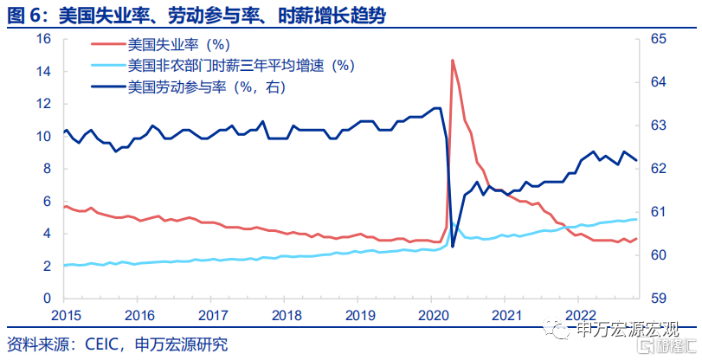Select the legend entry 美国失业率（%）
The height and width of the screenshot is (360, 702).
coord(177,45)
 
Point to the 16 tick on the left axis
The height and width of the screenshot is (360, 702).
coord(42,40)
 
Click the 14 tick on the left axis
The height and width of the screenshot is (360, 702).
coord(42,72)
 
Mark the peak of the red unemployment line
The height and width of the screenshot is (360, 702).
coord(452,61)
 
